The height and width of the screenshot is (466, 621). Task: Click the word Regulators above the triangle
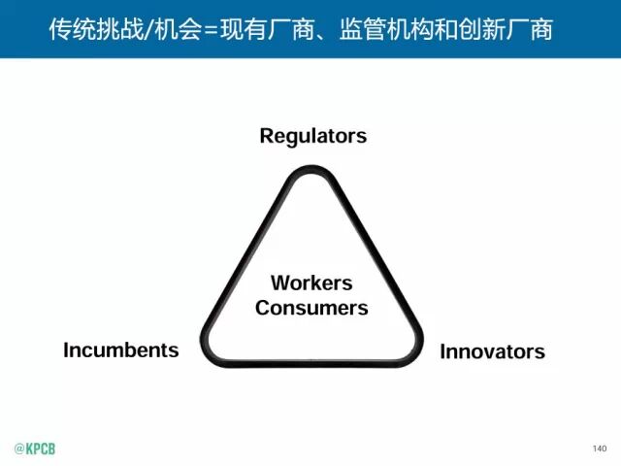click(312, 135)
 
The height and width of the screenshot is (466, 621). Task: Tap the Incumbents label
click(121, 349)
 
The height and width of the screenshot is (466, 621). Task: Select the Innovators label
click(492, 351)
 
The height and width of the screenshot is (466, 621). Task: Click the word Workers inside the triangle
click(311, 283)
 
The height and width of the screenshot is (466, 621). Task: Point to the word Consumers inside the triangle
click(311, 308)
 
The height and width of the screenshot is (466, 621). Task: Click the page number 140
click(598, 448)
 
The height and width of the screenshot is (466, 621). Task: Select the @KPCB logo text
click(34, 449)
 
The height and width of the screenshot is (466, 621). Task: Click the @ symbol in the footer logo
click(18, 449)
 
